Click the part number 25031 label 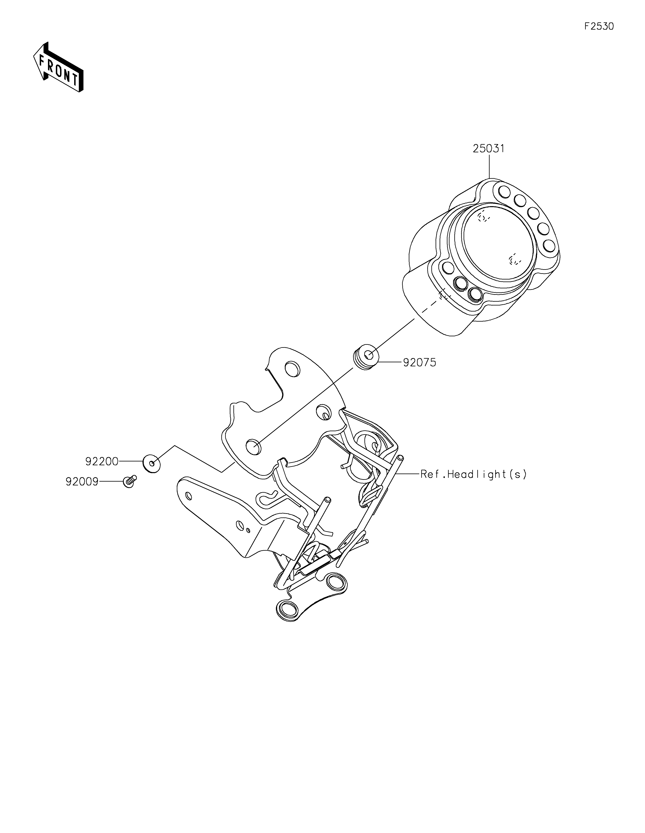488,148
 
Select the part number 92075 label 420,362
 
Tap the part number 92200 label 102,461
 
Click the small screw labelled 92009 130,482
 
